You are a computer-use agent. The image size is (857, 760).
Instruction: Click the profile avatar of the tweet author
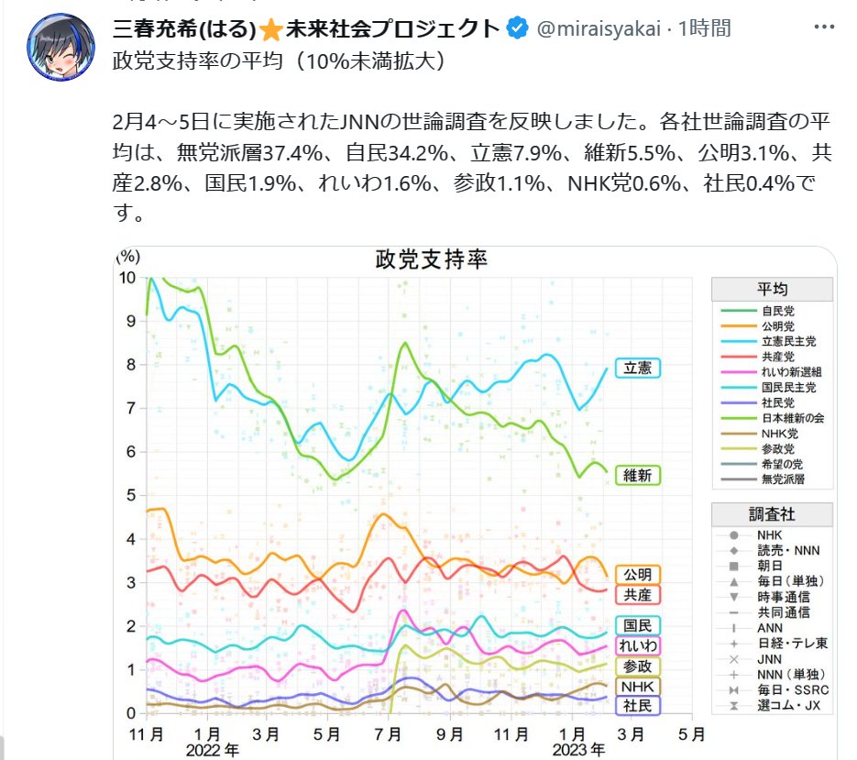pyautogui.click(x=61, y=47)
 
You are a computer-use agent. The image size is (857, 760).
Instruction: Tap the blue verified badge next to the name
pyautogui.click(x=517, y=28)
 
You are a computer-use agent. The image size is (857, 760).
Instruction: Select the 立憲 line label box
pyautogui.click(x=637, y=369)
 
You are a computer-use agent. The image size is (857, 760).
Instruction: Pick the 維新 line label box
pyautogui.click(x=637, y=476)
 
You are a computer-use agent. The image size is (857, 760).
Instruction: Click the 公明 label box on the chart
pyautogui.click(x=637, y=575)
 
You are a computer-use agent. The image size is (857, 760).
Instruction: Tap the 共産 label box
pyautogui.click(x=637, y=595)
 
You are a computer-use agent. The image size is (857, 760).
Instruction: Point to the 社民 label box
pyautogui.click(x=637, y=706)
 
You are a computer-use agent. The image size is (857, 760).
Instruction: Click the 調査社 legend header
pyautogui.click(x=772, y=514)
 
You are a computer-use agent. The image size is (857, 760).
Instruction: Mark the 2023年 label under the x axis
pyautogui.click(x=579, y=749)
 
